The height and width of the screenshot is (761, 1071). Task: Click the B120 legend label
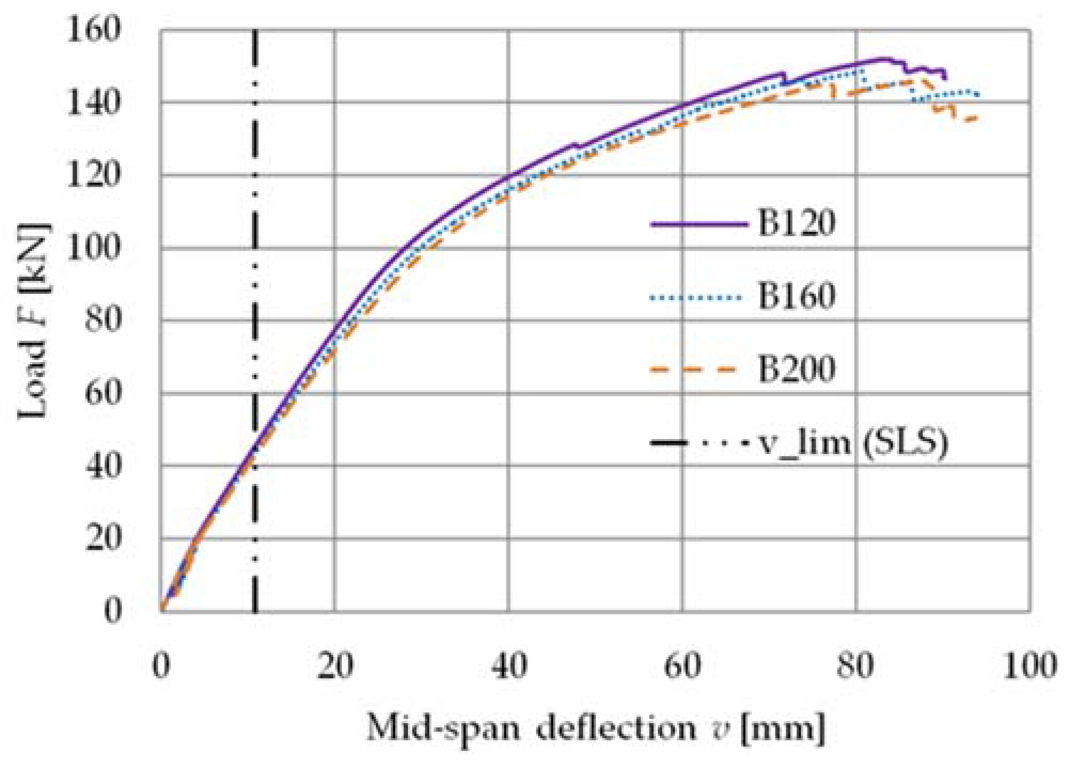pos(796,223)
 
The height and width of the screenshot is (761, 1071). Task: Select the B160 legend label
pos(796,296)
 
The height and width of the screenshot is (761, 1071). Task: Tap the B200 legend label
pos(796,369)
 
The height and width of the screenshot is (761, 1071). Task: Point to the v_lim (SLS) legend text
pos(853,443)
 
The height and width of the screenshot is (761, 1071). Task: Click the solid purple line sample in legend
pos(698,224)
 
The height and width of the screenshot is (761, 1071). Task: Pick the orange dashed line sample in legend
pos(694,370)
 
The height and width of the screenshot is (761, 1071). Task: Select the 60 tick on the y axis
pos(103,394)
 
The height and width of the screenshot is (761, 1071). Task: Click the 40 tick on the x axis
pos(508,666)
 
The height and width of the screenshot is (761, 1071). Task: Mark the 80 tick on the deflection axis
pos(856,666)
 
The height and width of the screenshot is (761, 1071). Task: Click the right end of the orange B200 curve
pos(977,118)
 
